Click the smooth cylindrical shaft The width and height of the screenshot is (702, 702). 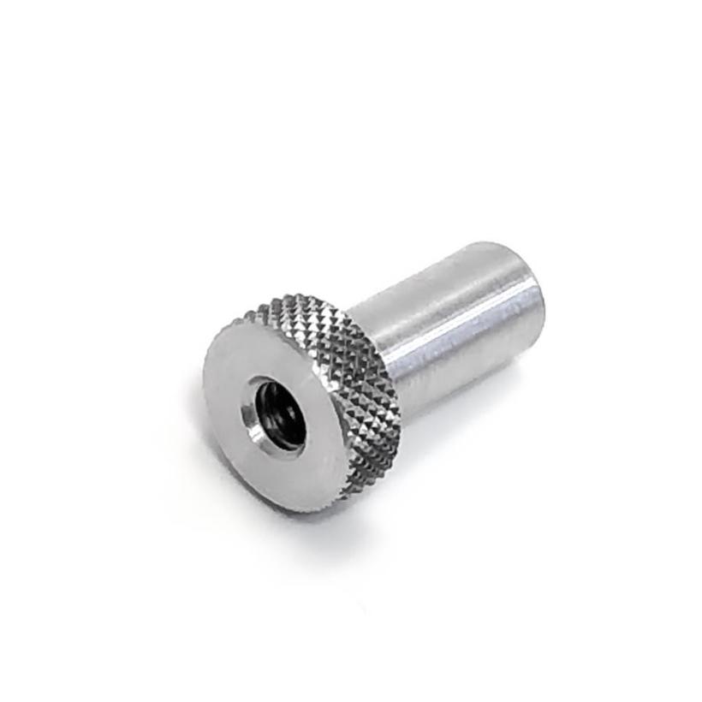point(445,325)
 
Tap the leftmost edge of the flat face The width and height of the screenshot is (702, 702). point(205,385)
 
